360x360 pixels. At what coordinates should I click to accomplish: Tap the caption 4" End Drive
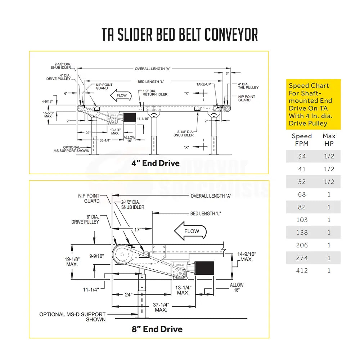click(x=156, y=163)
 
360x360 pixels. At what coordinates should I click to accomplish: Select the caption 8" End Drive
click(x=157, y=329)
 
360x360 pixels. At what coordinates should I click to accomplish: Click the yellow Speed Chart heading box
click(x=313, y=104)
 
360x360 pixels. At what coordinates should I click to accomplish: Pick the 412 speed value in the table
click(x=302, y=270)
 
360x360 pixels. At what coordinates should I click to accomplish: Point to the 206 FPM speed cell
click(x=302, y=245)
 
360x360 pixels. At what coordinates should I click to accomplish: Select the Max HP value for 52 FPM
click(x=329, y=182)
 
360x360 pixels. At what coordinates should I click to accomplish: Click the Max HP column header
click(x=329, y=140)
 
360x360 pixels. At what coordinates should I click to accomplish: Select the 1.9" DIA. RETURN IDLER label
click(x=155, y=93)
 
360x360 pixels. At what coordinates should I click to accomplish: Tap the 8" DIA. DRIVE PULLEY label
click(x=85, y=220)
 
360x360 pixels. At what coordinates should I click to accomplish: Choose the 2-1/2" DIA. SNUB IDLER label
click(x=132, y=204)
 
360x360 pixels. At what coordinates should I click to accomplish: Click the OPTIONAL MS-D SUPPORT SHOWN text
click(x=72, y=317)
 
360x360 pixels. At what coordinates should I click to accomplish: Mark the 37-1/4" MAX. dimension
click(x=161, y=307)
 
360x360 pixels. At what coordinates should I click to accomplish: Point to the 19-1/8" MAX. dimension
click(x=72, y=261)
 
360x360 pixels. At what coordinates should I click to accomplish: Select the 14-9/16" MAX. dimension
click(x=246, y=256)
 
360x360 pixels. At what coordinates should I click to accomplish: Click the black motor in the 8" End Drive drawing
click(x=205, y=269)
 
